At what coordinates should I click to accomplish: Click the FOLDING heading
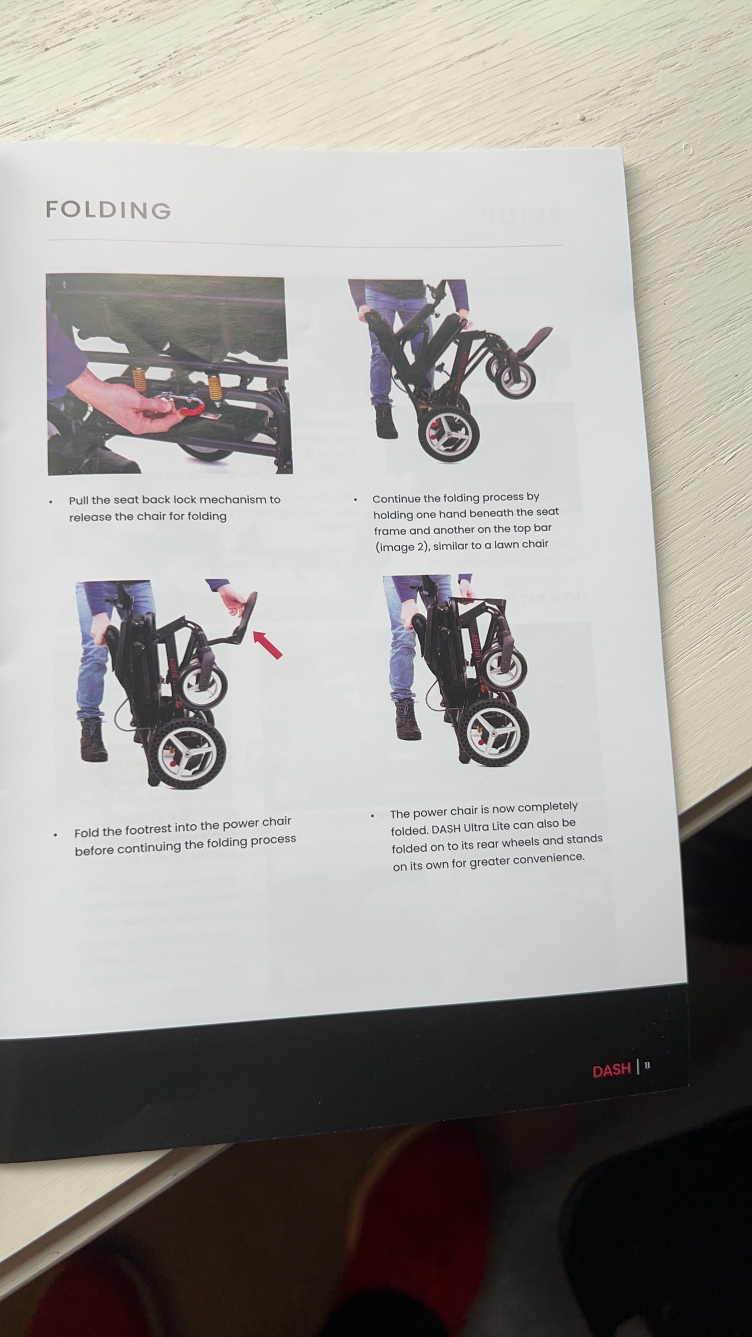[109, 210]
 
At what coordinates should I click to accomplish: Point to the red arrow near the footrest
[268, 644]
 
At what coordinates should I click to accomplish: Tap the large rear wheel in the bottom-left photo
[188, 752]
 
